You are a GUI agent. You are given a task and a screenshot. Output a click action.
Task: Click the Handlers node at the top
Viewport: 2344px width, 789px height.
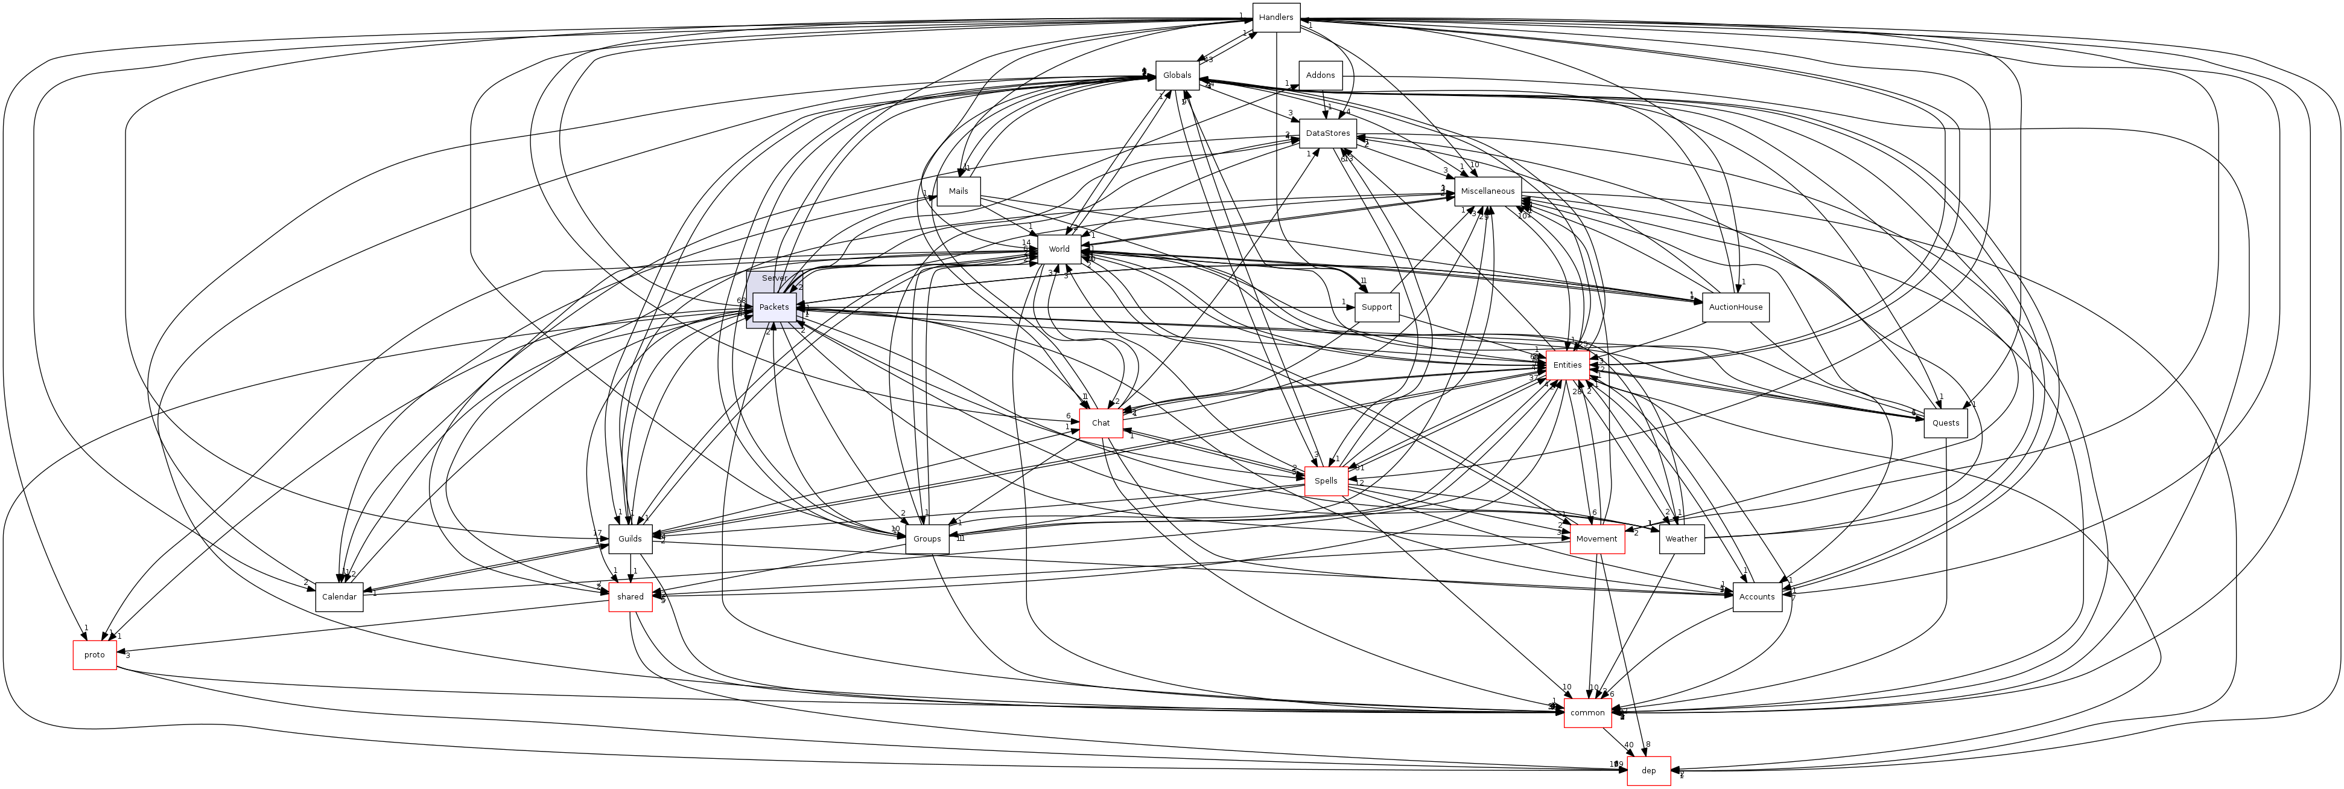point(1275,18)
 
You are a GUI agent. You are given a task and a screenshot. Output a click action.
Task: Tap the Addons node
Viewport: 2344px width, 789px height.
point(1320,75)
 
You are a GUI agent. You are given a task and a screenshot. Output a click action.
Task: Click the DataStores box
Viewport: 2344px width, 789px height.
point(1327,134)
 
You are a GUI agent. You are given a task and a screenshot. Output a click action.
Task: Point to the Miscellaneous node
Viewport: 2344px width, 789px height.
point(1488,191)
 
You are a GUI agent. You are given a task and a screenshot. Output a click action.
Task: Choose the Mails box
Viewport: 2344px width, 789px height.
point(958,191)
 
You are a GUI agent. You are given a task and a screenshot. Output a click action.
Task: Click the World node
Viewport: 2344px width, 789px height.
point(1058,249)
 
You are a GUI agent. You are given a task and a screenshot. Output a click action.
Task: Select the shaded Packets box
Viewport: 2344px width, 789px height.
point(773,308)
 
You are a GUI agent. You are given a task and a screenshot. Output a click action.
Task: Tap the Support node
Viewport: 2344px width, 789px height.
point(1376,308)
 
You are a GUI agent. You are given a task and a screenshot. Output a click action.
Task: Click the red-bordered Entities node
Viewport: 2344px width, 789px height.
point(1567,365)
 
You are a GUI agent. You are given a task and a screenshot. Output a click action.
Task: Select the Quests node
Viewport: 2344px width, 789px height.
point(1945,423)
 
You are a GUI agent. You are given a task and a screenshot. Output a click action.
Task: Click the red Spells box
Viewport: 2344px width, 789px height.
point(1326,481)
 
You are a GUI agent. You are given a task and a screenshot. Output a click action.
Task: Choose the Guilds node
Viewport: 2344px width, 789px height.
point(630,538)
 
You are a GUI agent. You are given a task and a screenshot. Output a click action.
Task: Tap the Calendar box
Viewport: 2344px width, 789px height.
point(338,597)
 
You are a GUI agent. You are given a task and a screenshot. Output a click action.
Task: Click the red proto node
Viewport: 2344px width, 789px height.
point(95,655)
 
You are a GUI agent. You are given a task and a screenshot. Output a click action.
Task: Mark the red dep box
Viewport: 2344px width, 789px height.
point(1648,771)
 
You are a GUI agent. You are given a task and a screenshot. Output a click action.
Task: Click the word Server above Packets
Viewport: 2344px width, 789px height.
point(774,278)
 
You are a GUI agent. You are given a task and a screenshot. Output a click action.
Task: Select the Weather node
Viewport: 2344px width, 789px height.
point(1681,538)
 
